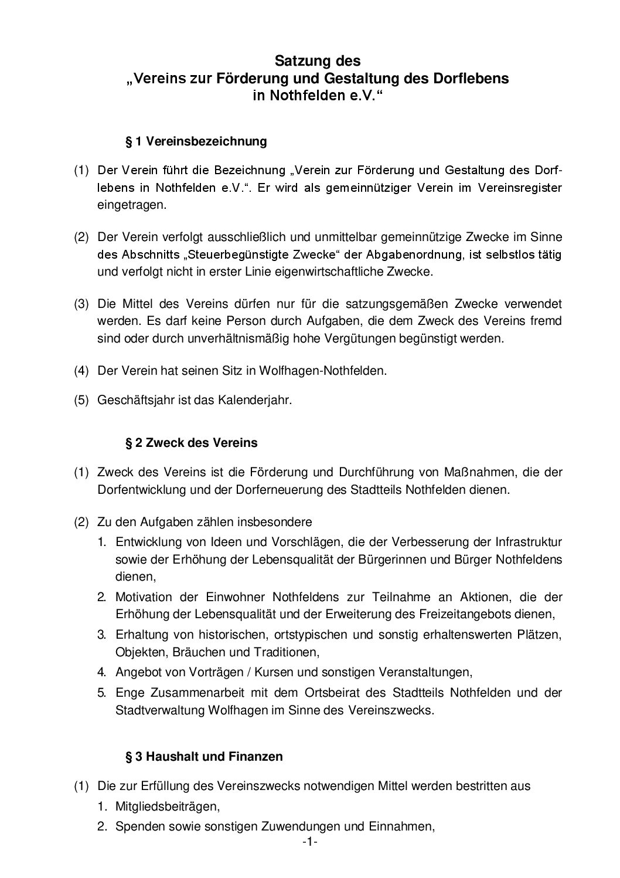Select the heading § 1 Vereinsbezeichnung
pyautogui.click(x=196, y=141)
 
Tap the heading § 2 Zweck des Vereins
pyautogui.click(x=192, y=442)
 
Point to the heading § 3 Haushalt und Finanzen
pyautogui.click(x=205, y=757)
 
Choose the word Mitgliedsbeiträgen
pyautogui.click(x=168, y=806)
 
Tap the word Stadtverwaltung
pyautogui.click(x=159, y=710)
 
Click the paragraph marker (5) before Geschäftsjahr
pyautogui.click(x=81, y=401)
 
